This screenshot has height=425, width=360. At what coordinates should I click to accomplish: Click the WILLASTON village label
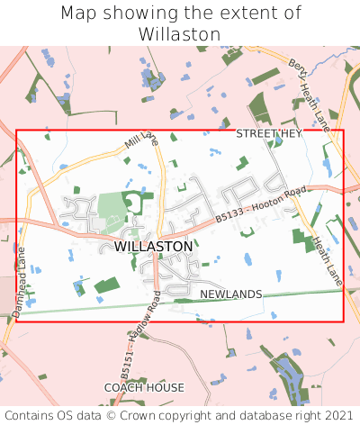tap(154, 246)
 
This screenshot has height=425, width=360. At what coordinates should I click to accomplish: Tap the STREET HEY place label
tap(268, 133)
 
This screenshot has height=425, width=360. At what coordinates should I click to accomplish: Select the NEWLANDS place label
tap(230, 294)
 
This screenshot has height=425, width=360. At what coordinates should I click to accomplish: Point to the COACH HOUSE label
tap(144, 387)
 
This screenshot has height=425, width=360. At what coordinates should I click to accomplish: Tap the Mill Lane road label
tap(141, 140)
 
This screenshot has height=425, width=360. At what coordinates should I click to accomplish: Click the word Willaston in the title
tap(180, 33)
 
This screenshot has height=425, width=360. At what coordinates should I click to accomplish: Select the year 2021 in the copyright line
tap(338, 415)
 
